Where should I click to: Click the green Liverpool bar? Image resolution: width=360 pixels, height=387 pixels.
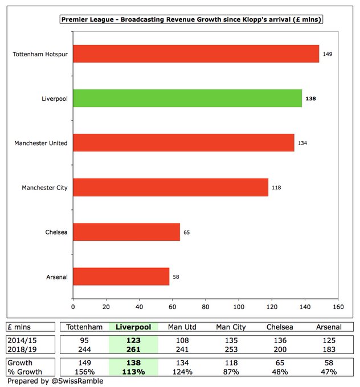point(187,98)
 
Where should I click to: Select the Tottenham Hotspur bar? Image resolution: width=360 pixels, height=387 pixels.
point(196,54)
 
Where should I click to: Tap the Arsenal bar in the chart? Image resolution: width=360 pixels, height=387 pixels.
point(121,277)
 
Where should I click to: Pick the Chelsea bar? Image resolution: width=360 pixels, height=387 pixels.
point(126,232)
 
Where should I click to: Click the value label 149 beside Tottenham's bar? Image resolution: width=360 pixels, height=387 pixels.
point(327,54)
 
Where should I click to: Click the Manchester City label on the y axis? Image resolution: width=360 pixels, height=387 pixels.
point(44,188)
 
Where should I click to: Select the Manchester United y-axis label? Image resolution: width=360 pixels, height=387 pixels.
point(41,143)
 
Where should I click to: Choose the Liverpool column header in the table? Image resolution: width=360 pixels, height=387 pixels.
point(137,327)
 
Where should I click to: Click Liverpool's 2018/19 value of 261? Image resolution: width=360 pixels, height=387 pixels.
point(137,349)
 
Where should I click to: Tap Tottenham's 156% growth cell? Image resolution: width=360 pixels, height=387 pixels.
point(84,372)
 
